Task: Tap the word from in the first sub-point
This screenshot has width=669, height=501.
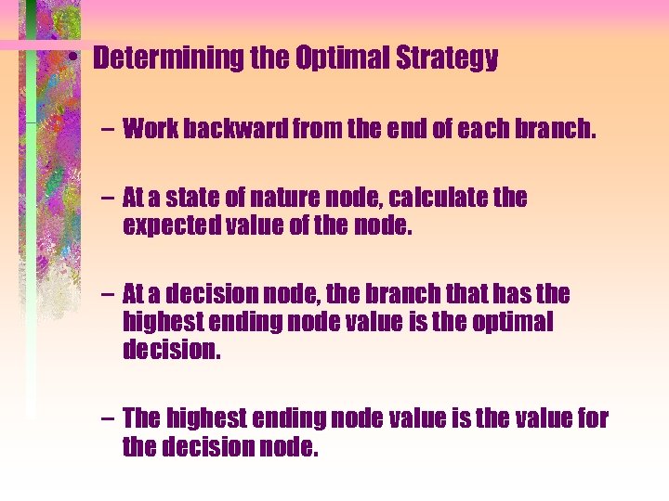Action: point(314,129)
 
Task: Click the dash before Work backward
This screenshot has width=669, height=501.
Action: point(108,129)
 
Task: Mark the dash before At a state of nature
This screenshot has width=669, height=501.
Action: point(108,199)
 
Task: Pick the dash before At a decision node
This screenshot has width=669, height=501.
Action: point(108,296)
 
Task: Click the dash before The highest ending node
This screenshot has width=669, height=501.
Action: point(108,419)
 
